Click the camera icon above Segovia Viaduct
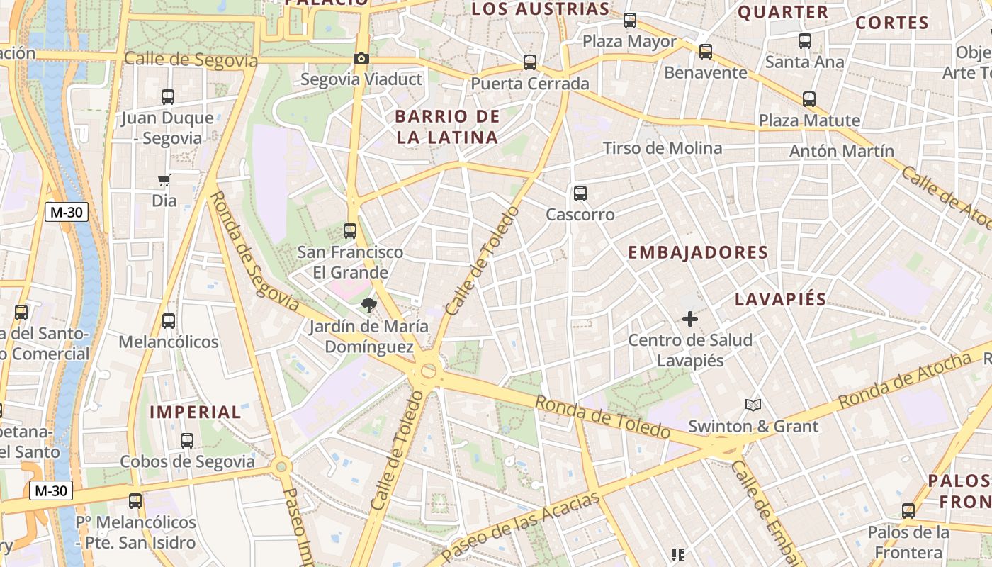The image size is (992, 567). click(361, 58)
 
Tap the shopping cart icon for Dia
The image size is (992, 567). click(164, 181)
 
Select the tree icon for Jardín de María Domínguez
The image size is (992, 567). click(368, 305)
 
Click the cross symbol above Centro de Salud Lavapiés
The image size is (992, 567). click(689, 319)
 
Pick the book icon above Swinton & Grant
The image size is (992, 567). click(753, 405)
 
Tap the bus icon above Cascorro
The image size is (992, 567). click(580, 193)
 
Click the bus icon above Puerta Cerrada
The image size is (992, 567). click(530, 62)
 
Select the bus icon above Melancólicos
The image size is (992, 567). click(168, 321)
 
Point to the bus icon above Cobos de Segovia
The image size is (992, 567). click(187, 440)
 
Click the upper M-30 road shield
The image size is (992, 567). click(67, 212)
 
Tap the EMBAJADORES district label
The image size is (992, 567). click(698, 253)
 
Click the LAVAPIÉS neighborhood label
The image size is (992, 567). click(780, 299)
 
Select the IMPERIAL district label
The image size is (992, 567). click(196, 412)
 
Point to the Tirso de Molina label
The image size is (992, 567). click(662, 148)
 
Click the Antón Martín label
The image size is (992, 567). click(842, 151)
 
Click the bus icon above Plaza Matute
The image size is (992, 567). click(809, 99)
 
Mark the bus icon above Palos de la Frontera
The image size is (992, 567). click(908, 510)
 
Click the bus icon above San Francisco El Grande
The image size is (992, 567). click(350, 230)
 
